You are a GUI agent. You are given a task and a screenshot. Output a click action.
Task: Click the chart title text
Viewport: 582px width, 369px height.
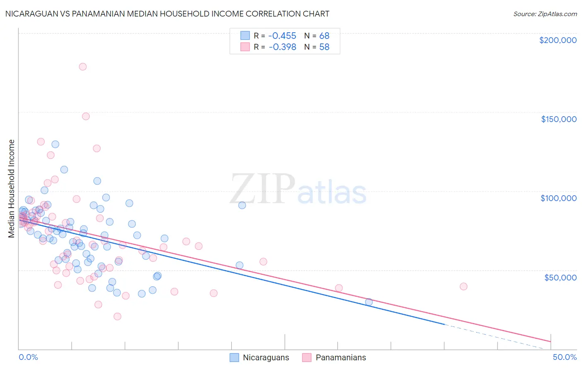pyautogui.click(x=167, y=14)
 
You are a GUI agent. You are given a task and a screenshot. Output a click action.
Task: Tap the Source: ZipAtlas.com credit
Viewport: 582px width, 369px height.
pyautogui.click(x=545, y=14)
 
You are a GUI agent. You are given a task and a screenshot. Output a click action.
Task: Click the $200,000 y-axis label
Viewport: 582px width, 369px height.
pyautogui.click(x=558, y=40)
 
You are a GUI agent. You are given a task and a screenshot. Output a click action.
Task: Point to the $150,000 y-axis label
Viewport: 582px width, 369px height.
pyautogui.click(x=558, y=119)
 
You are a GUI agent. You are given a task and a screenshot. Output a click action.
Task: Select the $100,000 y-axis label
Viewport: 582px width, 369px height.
pyautogui.click(x=558, y=198)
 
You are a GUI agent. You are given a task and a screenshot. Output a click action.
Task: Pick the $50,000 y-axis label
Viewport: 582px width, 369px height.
pyautogui.click(x=560, y=277)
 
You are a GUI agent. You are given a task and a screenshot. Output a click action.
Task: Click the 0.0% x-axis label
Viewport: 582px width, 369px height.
pyautogui.click(x=28, y=357)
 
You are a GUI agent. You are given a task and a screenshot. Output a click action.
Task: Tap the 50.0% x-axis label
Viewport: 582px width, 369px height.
pyautogui.click(x=564, y=357)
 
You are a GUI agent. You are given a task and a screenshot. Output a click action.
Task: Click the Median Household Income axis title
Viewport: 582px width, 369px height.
pyautogui.click(x=11, y=189)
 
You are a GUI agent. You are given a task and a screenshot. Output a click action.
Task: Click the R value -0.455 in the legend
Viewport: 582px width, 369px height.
pyautogui.click(x=282, y=36)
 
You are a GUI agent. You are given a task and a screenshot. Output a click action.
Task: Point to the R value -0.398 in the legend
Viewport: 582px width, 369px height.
pyautogui.click(x=282, y=47)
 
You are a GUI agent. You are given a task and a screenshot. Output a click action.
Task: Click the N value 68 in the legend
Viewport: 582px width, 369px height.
pyautogui.click(x=324, y=36)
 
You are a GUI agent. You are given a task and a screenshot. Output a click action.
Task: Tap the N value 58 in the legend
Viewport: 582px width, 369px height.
pyautogui.click(x=324, y=47)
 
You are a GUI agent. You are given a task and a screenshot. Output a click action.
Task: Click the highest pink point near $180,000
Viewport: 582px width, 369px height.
pyautogui.click(x=83, y=67)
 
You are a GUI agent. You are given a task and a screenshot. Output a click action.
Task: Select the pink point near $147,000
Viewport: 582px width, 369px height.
pyautogui.click(x=86, y=116)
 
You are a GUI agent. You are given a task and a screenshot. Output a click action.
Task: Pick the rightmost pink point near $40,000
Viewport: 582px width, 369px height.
pyautogui.click(x=464, y=287)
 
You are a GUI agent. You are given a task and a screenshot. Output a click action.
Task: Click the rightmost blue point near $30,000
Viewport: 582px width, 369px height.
pyautogui.click(x=369, y=302)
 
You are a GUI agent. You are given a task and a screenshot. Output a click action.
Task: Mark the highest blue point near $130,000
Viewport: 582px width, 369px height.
pyautogui.click(x=55, y=144)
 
